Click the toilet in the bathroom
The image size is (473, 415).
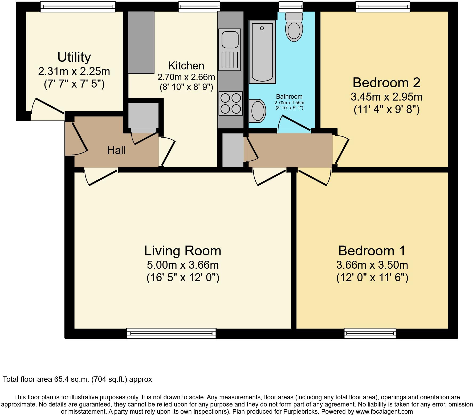click(294, 27)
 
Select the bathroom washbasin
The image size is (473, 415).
click(258, 111)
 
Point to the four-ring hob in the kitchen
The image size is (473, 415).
click(231, 103)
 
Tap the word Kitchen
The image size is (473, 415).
click(186, 65)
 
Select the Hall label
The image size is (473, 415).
click(116, 150)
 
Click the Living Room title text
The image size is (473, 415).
click(183, 251)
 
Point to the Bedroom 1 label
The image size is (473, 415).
click(372, 251)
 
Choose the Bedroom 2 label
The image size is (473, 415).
click(386, 82)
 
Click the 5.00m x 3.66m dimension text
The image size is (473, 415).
click(183, 265)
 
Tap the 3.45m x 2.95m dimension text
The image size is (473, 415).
click(386, 97)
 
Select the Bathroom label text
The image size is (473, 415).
click(289, 97)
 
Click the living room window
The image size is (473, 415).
click(171, 333)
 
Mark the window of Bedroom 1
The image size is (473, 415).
click(370, 333)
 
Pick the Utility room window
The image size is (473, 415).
click(78, 7)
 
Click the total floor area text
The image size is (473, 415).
click(78, 379)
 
